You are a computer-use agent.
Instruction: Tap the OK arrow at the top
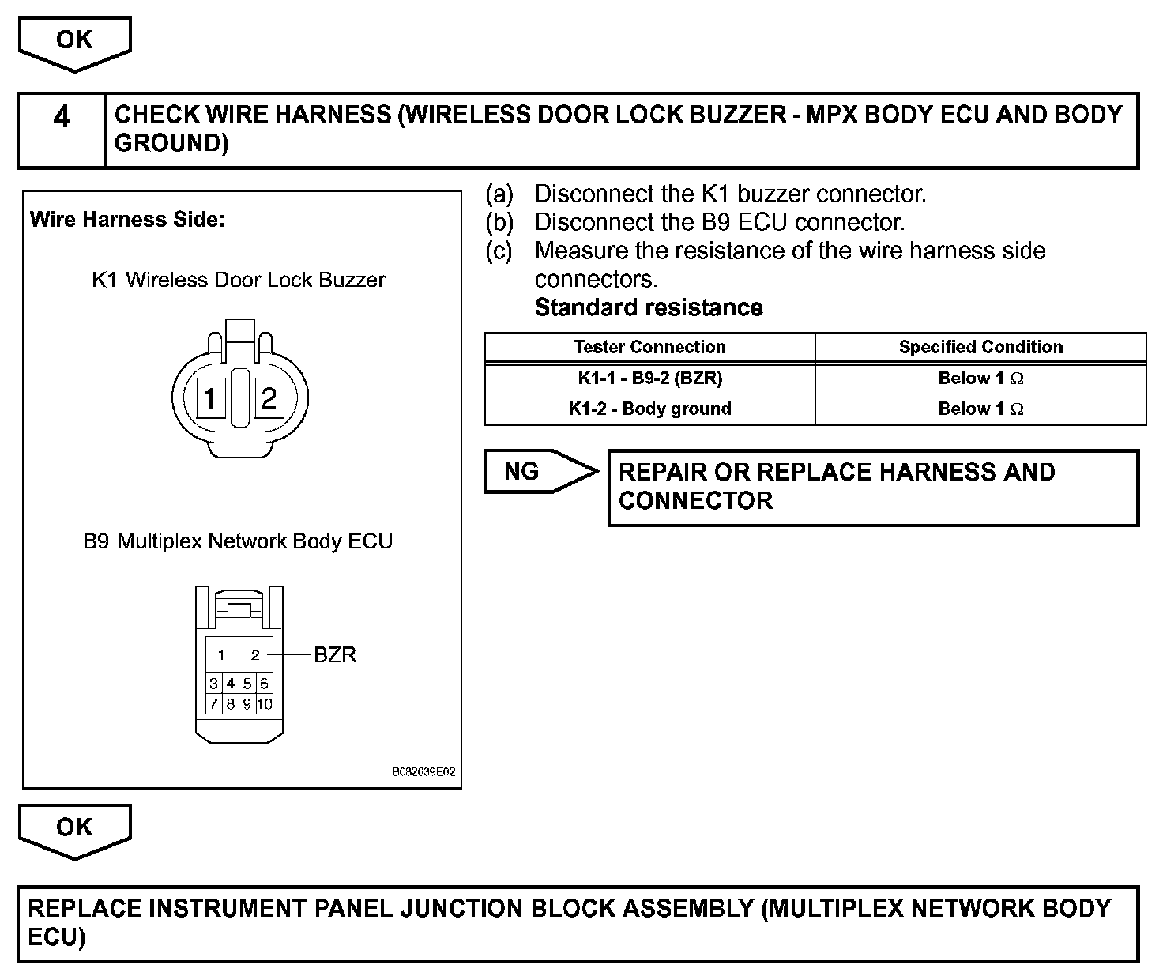[x=74, y=41]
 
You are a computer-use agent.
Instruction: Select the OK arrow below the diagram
[x=74, y=829]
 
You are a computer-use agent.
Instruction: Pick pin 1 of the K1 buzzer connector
[x=209, y=398]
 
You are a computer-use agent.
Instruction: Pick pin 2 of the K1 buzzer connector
[x=269, y=398]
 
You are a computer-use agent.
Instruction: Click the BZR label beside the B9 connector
[x=335, y=655]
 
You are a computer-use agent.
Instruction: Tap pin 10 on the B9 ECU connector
[x=265, y=703]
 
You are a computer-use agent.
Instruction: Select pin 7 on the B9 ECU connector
[x=213, y=703]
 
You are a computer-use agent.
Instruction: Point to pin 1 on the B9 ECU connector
[x=222, y=654]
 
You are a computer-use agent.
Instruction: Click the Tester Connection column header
[x=649, y=347]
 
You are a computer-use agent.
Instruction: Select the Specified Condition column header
[x=980, y=347]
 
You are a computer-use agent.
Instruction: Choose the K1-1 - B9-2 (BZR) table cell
[x=649, y=379]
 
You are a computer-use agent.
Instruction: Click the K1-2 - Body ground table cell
[x=649, y=409]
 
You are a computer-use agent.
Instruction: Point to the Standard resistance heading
[x=649, y=307]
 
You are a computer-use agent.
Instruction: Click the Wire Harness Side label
[x=127, y=220]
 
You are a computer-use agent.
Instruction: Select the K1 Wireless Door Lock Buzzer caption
[x=239, y=280]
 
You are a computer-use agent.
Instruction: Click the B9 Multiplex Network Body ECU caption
[x=238, y=541]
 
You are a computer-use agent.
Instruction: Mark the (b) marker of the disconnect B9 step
[x=499, y=222]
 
